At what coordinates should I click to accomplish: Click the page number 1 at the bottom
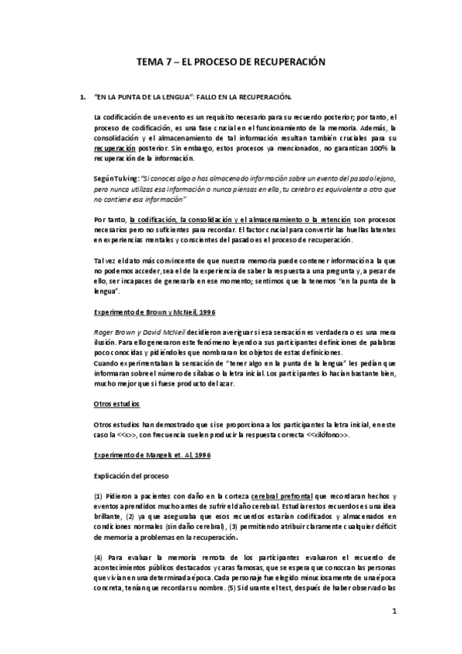pos(393,612)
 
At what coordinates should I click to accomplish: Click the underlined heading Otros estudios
pos(116,403)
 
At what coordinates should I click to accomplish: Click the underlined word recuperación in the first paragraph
pos(115,146)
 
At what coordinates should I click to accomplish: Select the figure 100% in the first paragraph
pos(376,146)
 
